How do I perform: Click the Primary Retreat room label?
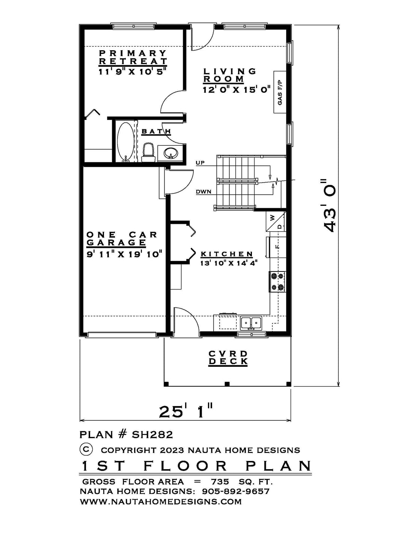[x=133, y=57]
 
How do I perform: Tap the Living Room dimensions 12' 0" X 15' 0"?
[x=237, y=90]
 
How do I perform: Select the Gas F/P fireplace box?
[x=280, y=92]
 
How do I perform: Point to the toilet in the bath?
[x=148, y=153]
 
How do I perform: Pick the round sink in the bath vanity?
[x=170, y=153]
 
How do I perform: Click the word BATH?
[x=156, y=132]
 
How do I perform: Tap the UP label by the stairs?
[x=200, y=163]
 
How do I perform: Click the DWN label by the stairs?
[x=203, y=192]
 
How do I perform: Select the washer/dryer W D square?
[x=276, y=221]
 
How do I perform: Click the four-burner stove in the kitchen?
[x=278, y=282]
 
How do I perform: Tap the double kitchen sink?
[x=251, y=322]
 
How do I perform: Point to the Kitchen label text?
[x=227, y=254]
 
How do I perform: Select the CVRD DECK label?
[x=228, y=358]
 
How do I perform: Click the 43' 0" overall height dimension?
[x=329, y=205]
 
